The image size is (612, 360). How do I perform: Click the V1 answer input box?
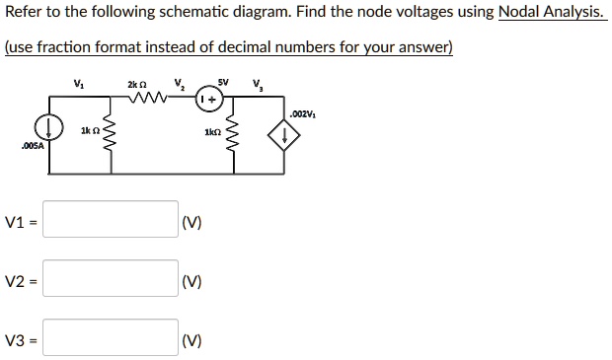111,220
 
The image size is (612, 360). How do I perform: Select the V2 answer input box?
111,280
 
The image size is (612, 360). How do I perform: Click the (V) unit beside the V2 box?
192,281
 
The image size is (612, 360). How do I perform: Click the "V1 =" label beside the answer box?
21,222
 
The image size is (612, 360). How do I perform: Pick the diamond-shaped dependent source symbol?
288,136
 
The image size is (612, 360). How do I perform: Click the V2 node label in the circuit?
178,84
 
